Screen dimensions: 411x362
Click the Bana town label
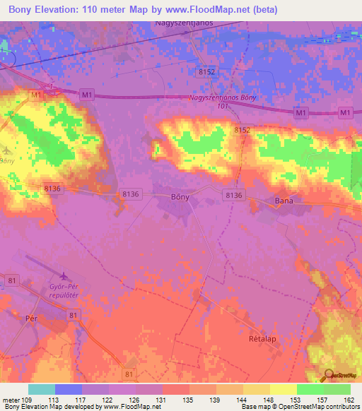[284, 201]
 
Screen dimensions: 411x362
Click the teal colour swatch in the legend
[42, 389]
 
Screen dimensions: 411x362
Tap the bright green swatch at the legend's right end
[337, 389]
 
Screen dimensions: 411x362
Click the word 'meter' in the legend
[12, 399]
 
